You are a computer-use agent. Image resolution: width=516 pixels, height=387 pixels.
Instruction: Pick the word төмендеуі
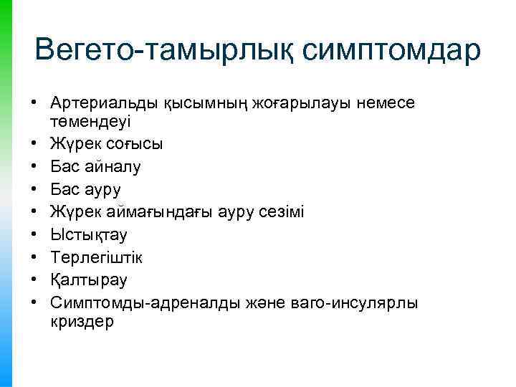[88, 121]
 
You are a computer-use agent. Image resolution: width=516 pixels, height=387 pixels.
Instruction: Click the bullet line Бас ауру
[86, 189]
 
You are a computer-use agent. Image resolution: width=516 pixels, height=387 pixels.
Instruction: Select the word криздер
[82, 322]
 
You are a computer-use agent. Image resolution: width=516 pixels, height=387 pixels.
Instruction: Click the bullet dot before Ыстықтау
[34, 235]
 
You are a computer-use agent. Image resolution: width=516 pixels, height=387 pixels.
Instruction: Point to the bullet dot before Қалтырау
[34, 281]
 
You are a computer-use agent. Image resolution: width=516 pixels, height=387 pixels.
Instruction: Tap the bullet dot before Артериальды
[34, 104]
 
